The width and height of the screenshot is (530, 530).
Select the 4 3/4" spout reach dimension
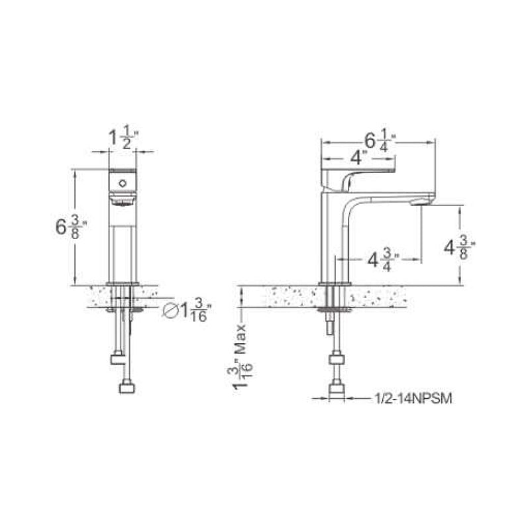[x=383, y=260]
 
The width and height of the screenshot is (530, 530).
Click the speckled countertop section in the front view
[x=96, y=296]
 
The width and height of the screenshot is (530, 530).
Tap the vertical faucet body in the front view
[x=123, y=245]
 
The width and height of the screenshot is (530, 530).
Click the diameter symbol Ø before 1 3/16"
[x=170, y=310]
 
